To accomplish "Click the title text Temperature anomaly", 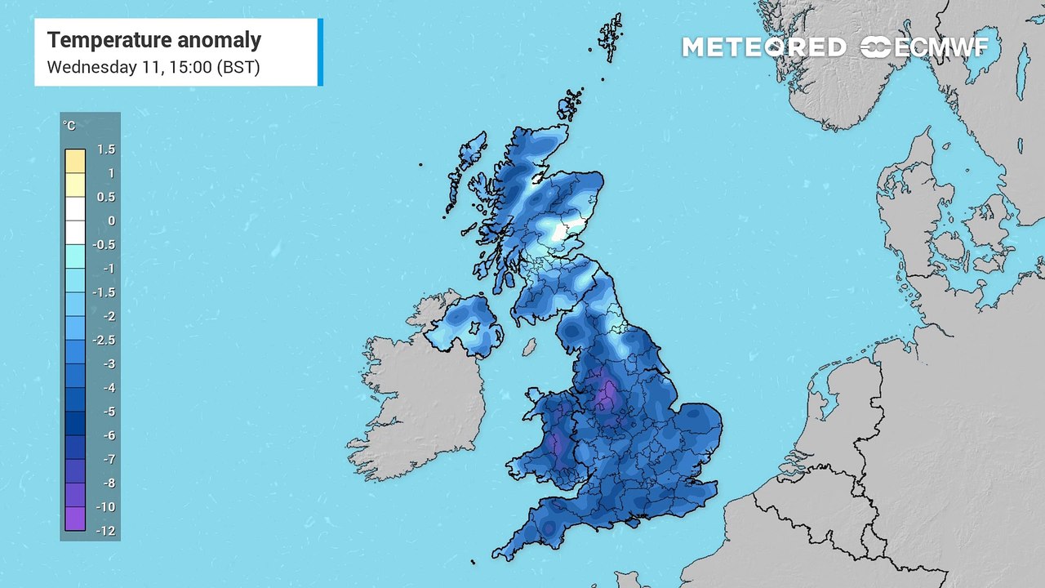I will tap(154, 39).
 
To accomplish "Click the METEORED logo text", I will tap(764, 47).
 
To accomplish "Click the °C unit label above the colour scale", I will tap(69, 126).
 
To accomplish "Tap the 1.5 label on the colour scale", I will tap(106, 149).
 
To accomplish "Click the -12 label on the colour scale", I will tap(106, 531).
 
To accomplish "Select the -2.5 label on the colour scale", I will tap(106, 340).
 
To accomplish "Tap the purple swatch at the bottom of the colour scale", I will tap(75, 519).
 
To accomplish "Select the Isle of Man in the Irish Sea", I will tap(529, 346).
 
